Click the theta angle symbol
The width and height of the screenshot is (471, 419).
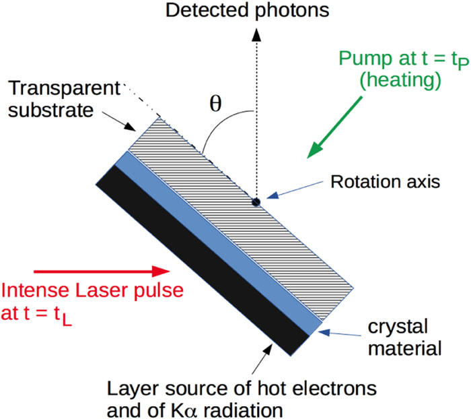click(215, 104)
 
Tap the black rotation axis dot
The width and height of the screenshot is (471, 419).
click(256, 202)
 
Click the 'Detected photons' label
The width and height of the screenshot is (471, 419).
click(247, 11)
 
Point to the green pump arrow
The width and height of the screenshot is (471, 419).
click(334, 127)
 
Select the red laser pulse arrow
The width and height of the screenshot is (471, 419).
click(102, 271)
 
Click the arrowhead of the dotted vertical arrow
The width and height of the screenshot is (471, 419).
click(256, 34)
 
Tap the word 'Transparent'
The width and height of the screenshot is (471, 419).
click(65, 88)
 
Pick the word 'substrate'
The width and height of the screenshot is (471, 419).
click(50, 110)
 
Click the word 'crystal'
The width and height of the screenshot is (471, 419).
click(398, 327)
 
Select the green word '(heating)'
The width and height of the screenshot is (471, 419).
click(400, 81)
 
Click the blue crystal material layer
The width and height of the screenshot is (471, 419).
click(219, 243)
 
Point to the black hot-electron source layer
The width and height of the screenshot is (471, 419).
click(203, 261)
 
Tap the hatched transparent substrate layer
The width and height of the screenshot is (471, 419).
click(241, 219)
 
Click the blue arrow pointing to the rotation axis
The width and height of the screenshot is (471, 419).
click(295, 190)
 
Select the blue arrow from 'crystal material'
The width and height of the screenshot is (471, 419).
click(339, 333)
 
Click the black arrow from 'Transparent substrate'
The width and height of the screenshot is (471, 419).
click(119, 121)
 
